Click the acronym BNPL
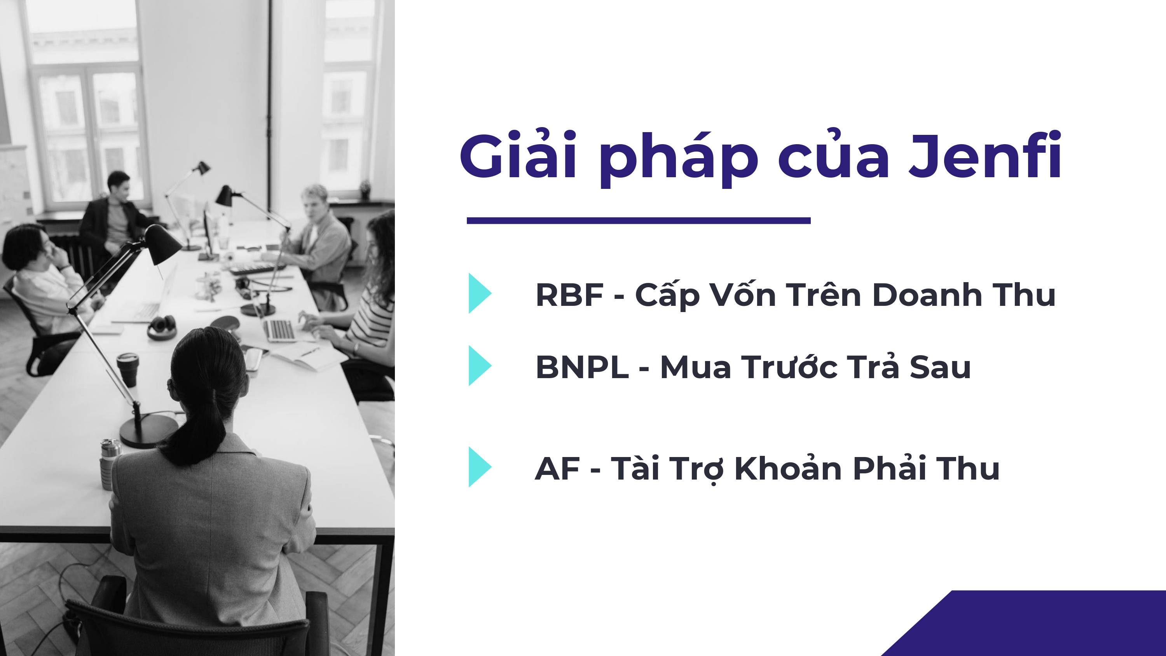click(x=582, y=367)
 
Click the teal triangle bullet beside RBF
click(x=479, y=293)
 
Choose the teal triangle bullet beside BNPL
click(x=479, y=365)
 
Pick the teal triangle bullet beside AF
click(x=479, y=467)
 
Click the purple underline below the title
click(x=638, y=220)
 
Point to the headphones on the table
click(x=162, y=327)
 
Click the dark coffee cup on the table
click(x=128, y=369)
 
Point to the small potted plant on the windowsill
click(x=365, y=189)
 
